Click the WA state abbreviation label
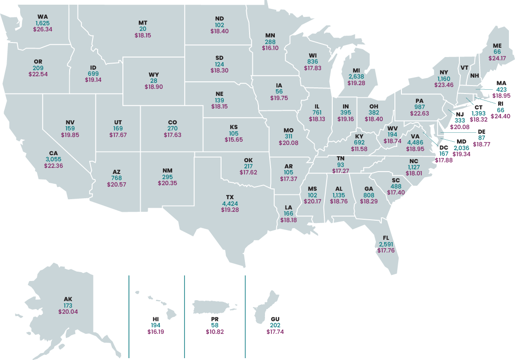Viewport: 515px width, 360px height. click(x=43, y=17)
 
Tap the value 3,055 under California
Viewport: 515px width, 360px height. click(x=53, y=159)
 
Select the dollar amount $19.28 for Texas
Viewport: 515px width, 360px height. click(x=229, y=210)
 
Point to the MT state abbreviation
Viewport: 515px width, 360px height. click(x=143, y=23)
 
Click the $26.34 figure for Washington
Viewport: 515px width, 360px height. click(x=43, y=29)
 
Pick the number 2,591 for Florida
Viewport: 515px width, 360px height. click(x=386, y=244)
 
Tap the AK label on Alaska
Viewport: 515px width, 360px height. click(x=68, y=299)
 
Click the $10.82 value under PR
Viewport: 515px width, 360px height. click(x=215, y=331)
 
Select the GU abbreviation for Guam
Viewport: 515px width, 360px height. click(x=275, y=319)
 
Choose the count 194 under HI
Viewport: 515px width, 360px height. click(x=156, y=325)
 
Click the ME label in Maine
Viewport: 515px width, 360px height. click(x=497, y=45)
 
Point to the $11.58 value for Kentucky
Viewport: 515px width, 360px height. click(x=359, y=149)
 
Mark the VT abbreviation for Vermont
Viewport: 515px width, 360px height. click(x=464, y=68)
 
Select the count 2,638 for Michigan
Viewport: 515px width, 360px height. click(x=356, y=77)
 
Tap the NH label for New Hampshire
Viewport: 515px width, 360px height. click(x=474, y=76)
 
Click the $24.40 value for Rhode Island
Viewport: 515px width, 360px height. click(x=500, y=116)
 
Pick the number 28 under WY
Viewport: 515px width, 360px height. click(x=154, y=80)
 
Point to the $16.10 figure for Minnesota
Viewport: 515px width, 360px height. click(x=270, y=48)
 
